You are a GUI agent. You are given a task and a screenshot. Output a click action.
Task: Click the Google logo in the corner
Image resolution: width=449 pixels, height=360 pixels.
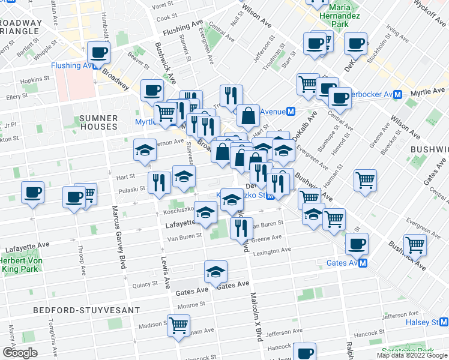pyautogui.click(x=20, y=353)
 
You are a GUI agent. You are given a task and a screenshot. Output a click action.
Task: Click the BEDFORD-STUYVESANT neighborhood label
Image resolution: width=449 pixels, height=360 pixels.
pyautogui.click(x=71, y=310)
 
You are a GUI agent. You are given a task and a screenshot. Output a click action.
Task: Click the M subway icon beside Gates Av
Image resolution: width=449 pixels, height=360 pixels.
pyautogui.click(x=363, y=263)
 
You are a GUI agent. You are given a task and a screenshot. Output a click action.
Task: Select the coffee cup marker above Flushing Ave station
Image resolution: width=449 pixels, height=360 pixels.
pyautogui.click(x=98, y=52)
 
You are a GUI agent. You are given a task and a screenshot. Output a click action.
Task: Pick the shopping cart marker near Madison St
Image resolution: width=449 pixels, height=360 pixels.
pyautogui.click(x=179, y=325)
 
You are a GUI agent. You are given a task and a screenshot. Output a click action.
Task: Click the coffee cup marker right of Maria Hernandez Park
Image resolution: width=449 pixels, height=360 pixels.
pyautogui.click(x=356, y=43)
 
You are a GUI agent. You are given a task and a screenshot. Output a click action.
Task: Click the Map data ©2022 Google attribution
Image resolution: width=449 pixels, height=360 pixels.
pyautogui.click(x=411, y=355)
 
